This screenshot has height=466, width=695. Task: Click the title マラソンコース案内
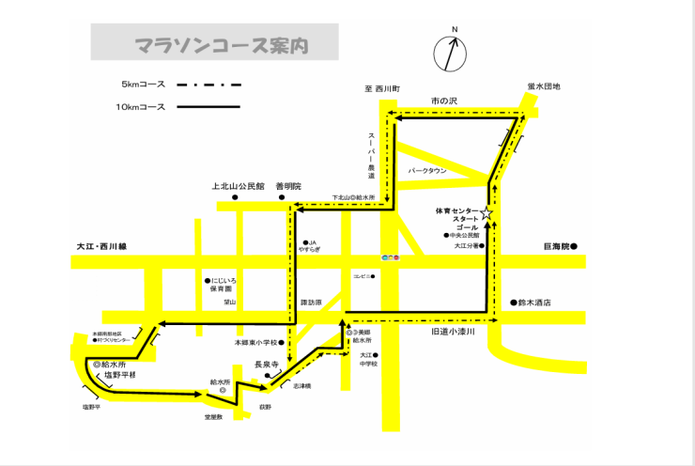pyautogui.click(x=214, y=44)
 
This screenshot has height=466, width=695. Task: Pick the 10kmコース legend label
pyautogui.click(x=141, y=107)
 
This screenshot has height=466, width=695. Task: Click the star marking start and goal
pyautogui.click(x=487, y=214)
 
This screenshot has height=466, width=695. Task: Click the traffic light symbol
pyautogui.click(x=390, y=257)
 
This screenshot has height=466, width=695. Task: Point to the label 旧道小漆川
pyautogui.click(x=454, y=332)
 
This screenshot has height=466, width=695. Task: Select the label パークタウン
pyautogui.click(x=428, y=171)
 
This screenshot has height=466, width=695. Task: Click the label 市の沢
pyautogui.click(x=442, y=100)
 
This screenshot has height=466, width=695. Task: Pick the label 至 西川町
pyautogui.click(x=382, y=88)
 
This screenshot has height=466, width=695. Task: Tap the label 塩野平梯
pyautogui.click(x=119, y=375)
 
